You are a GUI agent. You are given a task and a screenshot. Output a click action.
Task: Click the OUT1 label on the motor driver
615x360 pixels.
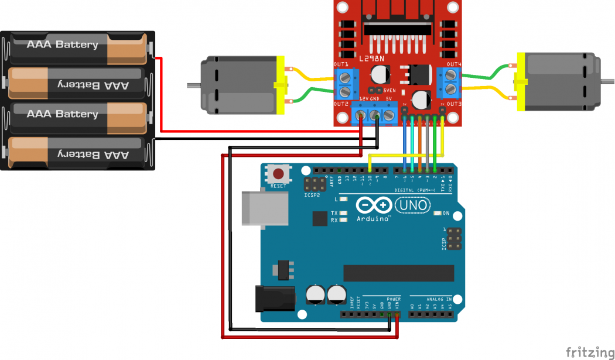(x=341, y=64)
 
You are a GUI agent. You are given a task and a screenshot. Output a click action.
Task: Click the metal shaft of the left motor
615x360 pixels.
(x=194, y=85)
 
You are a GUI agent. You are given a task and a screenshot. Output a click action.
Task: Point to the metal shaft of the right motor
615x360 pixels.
(x=606, y=82)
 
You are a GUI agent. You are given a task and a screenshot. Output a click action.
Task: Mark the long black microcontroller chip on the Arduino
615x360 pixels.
(x=398, y=273)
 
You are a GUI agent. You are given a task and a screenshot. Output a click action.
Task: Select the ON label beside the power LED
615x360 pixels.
(x=446, y=213)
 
